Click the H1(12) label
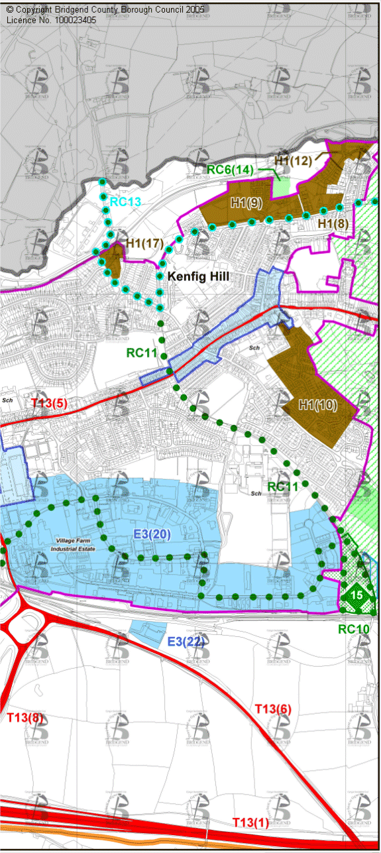(x=292, y=160)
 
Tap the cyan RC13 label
(x=126, y=201)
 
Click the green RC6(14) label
(x=230, y=170)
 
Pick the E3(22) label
(x=186, y=642)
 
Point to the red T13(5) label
(x=49, y=402)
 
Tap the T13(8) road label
(x=25, y=717)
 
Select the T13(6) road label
(x=273, y=709)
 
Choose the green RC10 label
(x=353, y=629)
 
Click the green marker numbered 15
(x=356, y=595)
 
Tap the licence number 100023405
(x=68, y=20)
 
